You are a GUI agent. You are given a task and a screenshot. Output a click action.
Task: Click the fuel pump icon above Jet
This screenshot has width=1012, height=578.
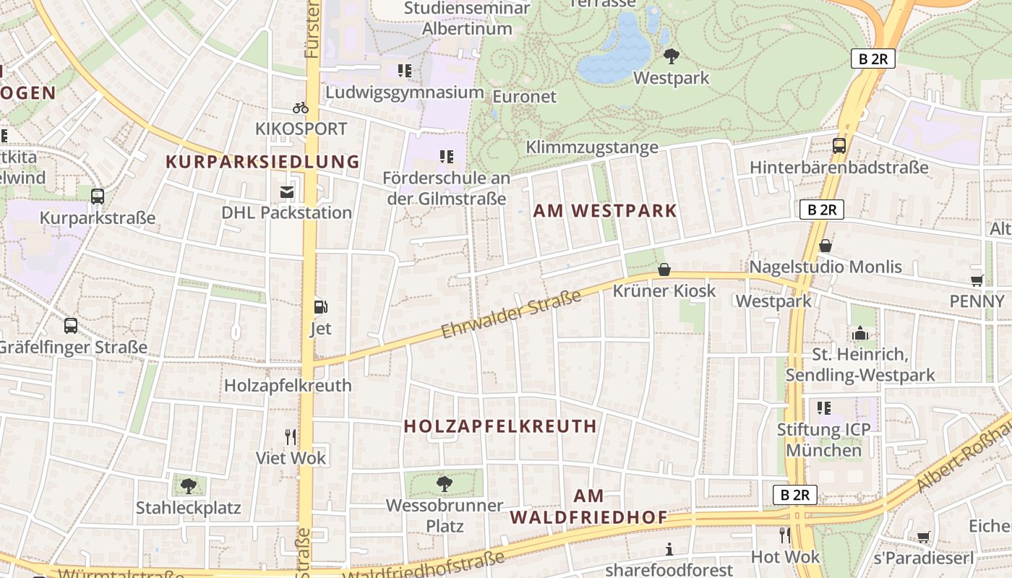(x=320, y=307)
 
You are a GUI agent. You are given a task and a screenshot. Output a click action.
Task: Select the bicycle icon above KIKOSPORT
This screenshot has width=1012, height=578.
(x=301, y=108)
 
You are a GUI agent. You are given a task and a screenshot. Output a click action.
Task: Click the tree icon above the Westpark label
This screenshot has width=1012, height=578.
(x=671, y=56)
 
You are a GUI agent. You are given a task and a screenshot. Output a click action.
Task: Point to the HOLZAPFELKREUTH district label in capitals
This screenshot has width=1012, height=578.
(x=500, y=426)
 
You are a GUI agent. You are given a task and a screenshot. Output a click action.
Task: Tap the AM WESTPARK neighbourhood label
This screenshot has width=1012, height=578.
(x=605, y=211)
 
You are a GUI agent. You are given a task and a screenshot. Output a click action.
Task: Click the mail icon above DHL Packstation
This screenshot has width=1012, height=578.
(x=287, y=191)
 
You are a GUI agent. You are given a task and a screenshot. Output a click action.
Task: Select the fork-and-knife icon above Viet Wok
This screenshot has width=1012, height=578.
(x=291, y=436)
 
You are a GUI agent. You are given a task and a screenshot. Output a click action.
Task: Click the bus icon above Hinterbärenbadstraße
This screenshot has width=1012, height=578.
(x=839, y=145)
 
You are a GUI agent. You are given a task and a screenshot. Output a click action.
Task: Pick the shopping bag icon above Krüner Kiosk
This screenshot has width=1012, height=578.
(x=664, y=269)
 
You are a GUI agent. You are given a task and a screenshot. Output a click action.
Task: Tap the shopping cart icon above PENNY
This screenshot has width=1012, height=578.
(x=977, y=280)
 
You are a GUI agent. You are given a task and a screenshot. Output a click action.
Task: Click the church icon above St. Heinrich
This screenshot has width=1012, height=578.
(x=859, y=333)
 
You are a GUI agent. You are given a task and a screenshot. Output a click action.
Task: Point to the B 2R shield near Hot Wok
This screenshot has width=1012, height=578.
(x=794, y=495)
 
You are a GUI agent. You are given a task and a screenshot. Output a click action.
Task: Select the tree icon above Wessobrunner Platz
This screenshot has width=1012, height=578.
(x=445, y=483)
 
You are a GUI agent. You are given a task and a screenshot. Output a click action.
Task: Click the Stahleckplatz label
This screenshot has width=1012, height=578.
(x=188, y=508)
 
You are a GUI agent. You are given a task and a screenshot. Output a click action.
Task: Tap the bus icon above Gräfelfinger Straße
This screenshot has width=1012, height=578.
(x=71, y=325)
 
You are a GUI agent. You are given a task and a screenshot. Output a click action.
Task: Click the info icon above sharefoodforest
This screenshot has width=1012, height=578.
(x=669, y=549)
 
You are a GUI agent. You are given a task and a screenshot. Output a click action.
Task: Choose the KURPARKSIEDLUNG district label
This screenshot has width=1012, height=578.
(x=263, y=162)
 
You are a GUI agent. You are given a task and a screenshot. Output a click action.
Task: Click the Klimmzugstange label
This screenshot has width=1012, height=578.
(x=592, y=147)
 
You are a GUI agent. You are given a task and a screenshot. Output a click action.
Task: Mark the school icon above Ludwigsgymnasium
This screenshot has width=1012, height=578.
(x=405, y=71)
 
